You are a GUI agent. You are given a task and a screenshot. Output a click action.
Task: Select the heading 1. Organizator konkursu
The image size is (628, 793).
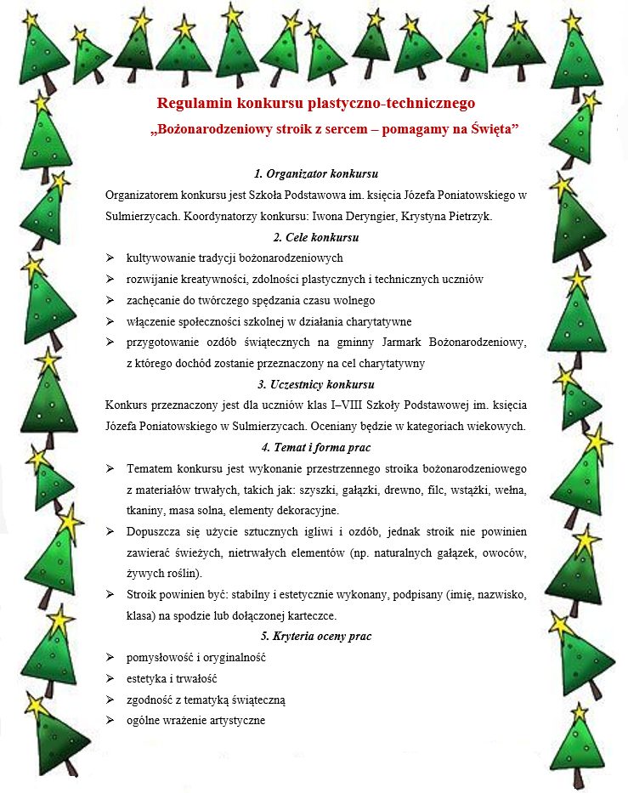point(316,174)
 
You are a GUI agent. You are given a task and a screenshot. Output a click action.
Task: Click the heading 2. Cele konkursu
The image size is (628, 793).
point(316,237)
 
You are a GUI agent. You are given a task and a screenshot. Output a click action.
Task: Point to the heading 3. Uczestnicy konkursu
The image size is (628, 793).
point(316,384)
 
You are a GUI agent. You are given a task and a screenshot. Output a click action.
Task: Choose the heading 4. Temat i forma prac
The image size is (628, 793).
point(316,447)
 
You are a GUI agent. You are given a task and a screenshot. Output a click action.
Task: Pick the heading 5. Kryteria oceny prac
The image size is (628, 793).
point(316,636)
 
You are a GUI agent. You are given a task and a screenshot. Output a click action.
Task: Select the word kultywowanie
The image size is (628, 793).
point(158,258)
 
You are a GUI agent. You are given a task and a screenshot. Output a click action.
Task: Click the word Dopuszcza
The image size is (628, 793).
point(153,531)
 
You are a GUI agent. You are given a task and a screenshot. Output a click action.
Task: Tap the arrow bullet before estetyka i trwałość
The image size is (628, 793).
point(110,678)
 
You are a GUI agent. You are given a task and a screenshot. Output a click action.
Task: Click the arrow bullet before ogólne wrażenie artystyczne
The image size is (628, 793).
point(110,720)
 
